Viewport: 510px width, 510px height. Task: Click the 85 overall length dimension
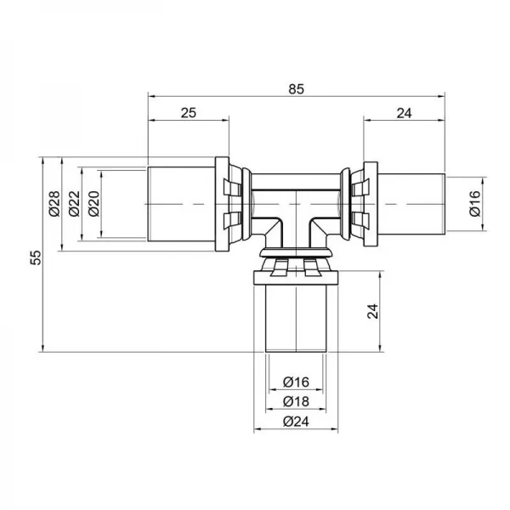click(x=295, y=88)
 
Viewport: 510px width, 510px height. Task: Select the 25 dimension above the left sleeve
click(x=190, y=112)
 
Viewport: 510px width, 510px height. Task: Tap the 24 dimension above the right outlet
click(x=404, y=112)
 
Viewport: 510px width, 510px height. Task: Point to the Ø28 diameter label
click(x=53, y=205)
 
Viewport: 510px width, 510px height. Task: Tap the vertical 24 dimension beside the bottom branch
click(x=371, y=311)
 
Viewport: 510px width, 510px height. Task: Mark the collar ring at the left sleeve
click(x=223, y=204)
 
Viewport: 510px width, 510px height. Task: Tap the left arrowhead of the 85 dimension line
click(x=152, y=95)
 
